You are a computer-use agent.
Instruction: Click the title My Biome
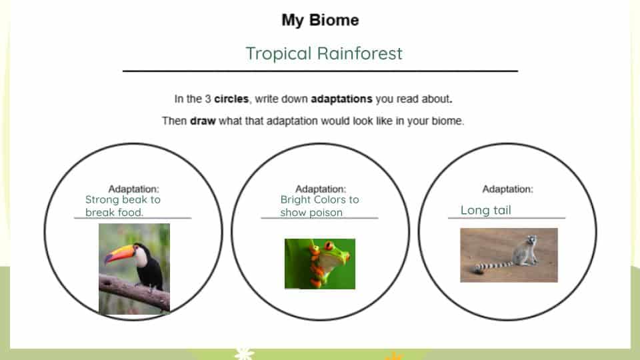(320, 20)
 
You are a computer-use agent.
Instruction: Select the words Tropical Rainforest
(324, 53)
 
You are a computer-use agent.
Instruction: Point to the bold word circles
(231, 99)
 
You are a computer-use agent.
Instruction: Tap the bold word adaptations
(341, 99)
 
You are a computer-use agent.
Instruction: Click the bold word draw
(203, 121)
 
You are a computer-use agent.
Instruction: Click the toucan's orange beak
(119, 254)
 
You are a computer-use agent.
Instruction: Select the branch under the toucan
(134, 291)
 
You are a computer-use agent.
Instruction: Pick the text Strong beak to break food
(123, 206)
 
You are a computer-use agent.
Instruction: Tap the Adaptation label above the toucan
(133, 189)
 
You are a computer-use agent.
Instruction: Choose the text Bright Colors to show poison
(319, 206)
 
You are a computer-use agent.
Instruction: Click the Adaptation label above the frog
(321, 189)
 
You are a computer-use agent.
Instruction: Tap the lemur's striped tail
(493, 266)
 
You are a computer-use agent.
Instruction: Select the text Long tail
(486, 210)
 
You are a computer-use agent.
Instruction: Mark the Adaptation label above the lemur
(508, 189)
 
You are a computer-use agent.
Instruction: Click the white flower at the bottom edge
(244, 353)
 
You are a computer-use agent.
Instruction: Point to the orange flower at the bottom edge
(394, 356)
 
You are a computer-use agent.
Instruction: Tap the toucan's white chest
(141, 258)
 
